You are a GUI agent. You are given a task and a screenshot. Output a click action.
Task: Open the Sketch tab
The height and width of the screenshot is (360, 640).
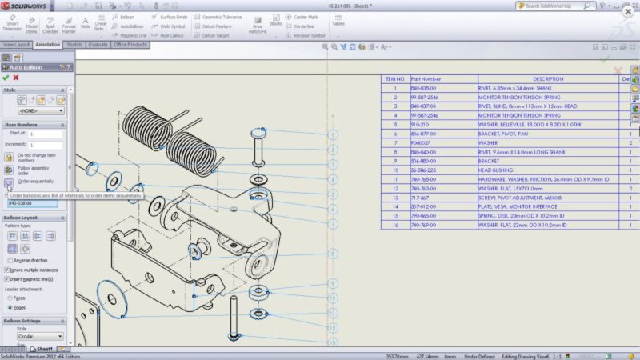[x=74, y=45]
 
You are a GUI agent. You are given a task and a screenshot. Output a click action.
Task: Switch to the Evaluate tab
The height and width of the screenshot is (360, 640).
[x=98, y=45]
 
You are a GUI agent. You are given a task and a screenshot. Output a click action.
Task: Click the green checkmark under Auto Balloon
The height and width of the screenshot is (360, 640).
[x=6, y=78]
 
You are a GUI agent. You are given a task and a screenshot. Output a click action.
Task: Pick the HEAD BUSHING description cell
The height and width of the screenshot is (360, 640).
[x=496, y=170]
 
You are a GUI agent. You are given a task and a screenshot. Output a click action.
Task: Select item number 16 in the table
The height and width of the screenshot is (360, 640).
[x=394, y=226]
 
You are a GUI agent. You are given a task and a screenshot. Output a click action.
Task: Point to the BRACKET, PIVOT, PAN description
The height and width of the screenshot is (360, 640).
[x=504, y=134]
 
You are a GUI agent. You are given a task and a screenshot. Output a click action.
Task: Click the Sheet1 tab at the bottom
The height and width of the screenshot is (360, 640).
[x=43, y=350]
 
